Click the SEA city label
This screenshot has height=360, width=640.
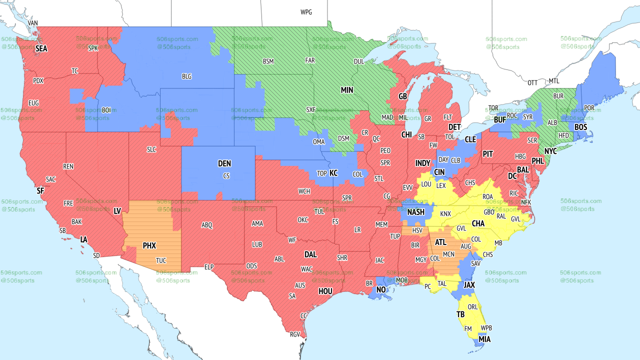coord(41,49)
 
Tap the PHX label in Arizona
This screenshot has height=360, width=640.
coord(149,246)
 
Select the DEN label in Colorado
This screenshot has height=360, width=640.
coord(224,163)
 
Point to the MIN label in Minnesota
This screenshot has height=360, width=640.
coord(347,90)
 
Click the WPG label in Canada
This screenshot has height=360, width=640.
coord(306,12)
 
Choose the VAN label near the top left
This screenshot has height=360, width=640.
coord(33,23)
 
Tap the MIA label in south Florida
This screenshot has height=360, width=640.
coord(484,339)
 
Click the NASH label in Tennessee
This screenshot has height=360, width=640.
coord(415,212)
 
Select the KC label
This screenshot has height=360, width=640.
coord(333,173)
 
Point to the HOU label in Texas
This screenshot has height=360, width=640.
coord(325,291)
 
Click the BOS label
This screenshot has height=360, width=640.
coord(580,127)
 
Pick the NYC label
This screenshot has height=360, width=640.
coord(550,151)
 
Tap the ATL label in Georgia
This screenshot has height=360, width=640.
coord(440,242)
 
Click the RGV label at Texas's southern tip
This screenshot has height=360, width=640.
coord(294,334)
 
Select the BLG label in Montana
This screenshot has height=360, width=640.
coord(186,76)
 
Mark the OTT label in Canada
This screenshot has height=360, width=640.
coord(532,82)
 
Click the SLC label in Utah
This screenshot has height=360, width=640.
coord(151,149)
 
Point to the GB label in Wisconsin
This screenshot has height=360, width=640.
coord(402,96)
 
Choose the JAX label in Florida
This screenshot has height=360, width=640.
coord(468,285)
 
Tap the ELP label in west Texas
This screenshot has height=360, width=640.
coord(209,267)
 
